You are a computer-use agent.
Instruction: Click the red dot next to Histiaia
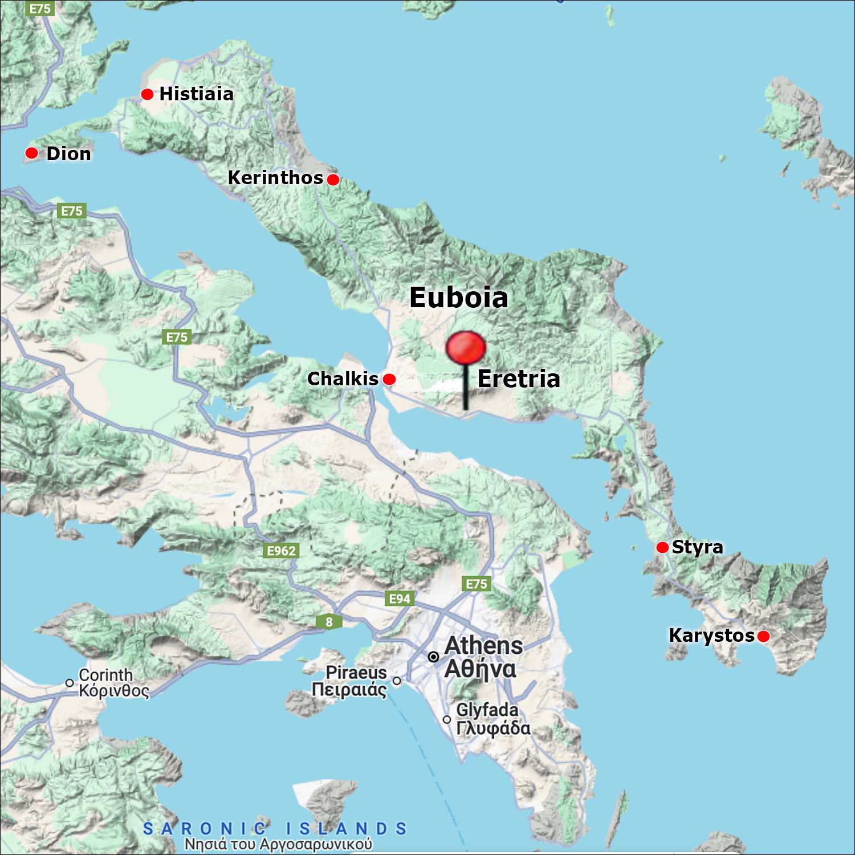tap(148, 94)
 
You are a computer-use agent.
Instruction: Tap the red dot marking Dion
tap(32, 153)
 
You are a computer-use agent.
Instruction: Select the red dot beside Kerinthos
tap(333, 180)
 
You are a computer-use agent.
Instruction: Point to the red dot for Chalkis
tap(389, 379)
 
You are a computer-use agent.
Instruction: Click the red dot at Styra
tap(662, 547)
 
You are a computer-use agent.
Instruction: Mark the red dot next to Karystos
tap(763, 636)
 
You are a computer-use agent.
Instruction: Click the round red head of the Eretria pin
tap(466, 348)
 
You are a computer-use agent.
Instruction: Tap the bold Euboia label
tap(459, 298)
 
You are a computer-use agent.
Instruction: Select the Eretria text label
tap(519, 378)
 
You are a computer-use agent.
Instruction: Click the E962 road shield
tap(282, 551)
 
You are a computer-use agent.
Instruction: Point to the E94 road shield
tap(400, 598)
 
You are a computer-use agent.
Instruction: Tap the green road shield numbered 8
tap(329, 622)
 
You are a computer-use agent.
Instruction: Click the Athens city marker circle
tap(434, 657)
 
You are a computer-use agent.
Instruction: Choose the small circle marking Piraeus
tap(397, 681)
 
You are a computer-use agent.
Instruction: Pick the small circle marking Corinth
tap(70, 682)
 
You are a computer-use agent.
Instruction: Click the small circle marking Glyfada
tap(447, 719)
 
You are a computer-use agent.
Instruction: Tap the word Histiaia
tap(196, 93)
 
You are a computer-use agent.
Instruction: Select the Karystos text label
tap(711, 635)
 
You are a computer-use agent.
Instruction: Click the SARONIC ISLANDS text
tap(275, 828)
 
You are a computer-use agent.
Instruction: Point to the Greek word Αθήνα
tap(480, 669)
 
